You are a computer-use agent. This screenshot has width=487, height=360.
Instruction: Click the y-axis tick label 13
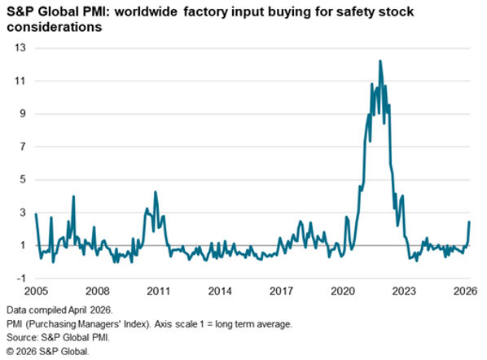[20, 48]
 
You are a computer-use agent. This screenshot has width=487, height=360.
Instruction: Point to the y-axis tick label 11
[20, 81]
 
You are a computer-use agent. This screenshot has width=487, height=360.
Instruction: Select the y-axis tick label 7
[23, 147]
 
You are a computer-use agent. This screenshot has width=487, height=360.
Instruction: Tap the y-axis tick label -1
[21, 278]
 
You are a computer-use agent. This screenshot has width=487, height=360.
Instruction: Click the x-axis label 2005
[36, 291]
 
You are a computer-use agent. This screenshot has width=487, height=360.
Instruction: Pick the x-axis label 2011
[159, 291]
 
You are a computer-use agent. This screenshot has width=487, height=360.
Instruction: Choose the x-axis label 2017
[281, 291]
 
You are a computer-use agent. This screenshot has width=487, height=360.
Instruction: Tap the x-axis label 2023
[404, 291]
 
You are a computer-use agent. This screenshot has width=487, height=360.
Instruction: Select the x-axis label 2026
[465, 291]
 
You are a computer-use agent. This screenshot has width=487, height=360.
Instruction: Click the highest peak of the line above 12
[380, 61]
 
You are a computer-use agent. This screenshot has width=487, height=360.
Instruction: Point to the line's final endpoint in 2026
[469, 222]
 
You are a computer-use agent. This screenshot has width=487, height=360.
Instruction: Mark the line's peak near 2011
[156, 192]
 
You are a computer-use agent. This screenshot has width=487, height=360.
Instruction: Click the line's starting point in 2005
[36, 213]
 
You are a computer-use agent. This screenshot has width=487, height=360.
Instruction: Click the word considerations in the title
[55, 27]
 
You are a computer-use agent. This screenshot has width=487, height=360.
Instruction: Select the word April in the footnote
[78, 310]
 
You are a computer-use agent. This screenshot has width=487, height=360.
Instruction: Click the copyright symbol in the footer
[11, 352]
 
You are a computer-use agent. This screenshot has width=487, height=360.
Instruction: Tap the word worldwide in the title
[146, 12]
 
